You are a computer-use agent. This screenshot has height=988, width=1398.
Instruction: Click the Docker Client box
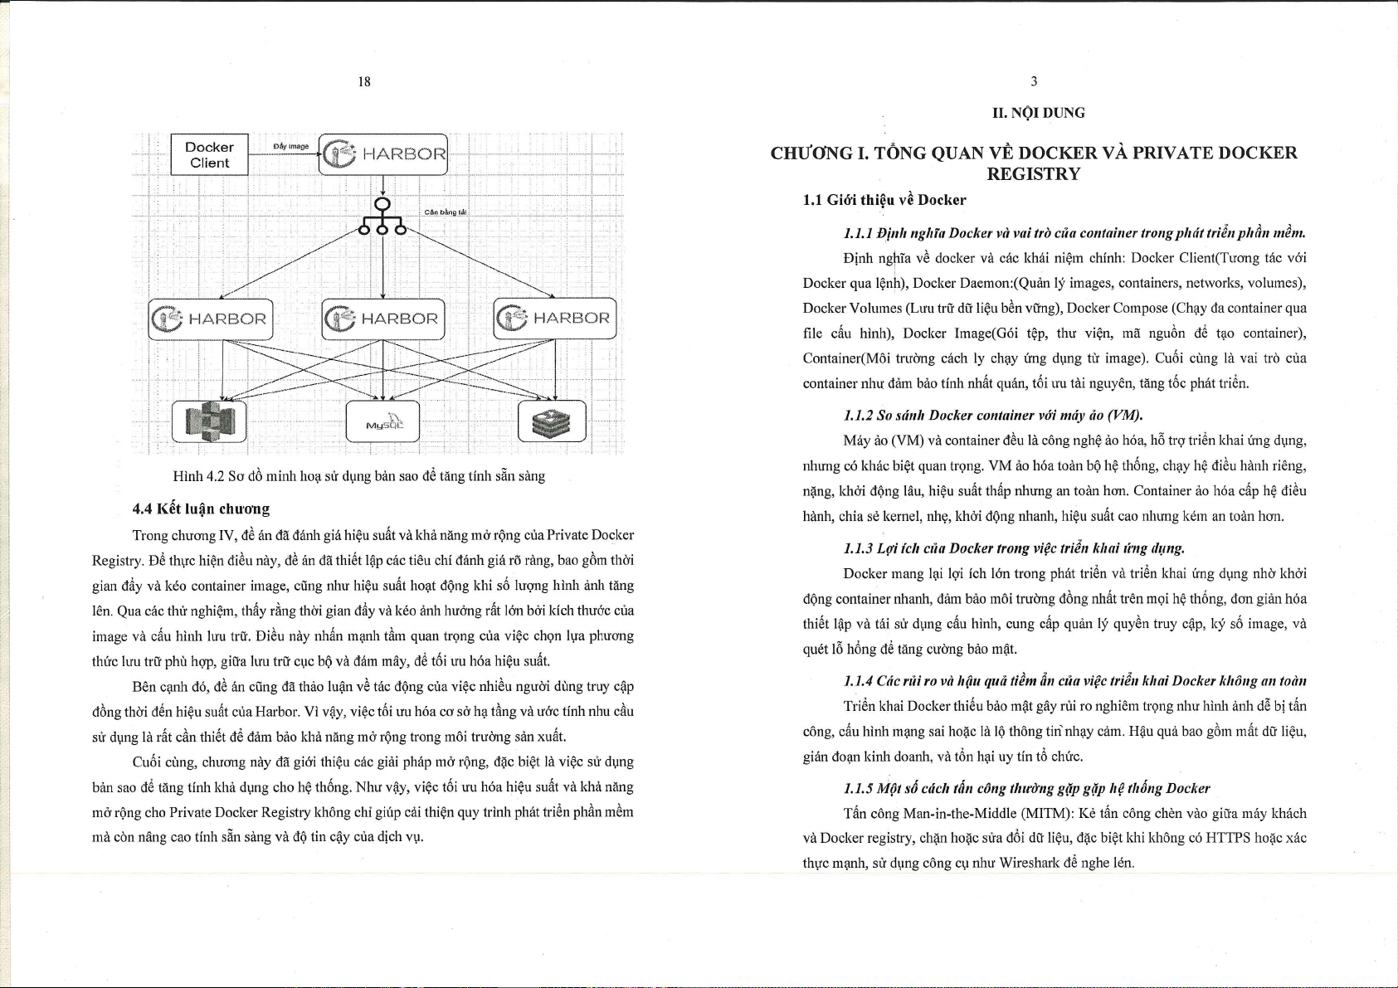coord(209,154)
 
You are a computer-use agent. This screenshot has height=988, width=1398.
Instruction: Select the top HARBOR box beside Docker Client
coord(383,154)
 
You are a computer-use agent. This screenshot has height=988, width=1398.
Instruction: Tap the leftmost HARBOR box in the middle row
coord(211,319)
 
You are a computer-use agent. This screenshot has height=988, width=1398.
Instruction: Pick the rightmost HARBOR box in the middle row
coord(555,319)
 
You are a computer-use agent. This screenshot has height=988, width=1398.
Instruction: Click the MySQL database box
coord(382,421)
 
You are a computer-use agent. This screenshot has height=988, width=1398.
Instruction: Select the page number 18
coord(364,81)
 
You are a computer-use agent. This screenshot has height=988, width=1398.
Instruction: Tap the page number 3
coord(1034,81)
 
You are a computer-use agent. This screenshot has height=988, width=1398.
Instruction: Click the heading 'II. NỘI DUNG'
coord(1038,113)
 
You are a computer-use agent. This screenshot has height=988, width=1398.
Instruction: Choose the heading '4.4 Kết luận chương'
coord(201,508)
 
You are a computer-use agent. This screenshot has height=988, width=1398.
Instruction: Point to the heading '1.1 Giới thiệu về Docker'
coord(884,200)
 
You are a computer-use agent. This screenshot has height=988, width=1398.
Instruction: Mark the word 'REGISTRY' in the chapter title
coord(1033,174)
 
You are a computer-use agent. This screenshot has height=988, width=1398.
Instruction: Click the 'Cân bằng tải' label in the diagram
coord(446,212)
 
